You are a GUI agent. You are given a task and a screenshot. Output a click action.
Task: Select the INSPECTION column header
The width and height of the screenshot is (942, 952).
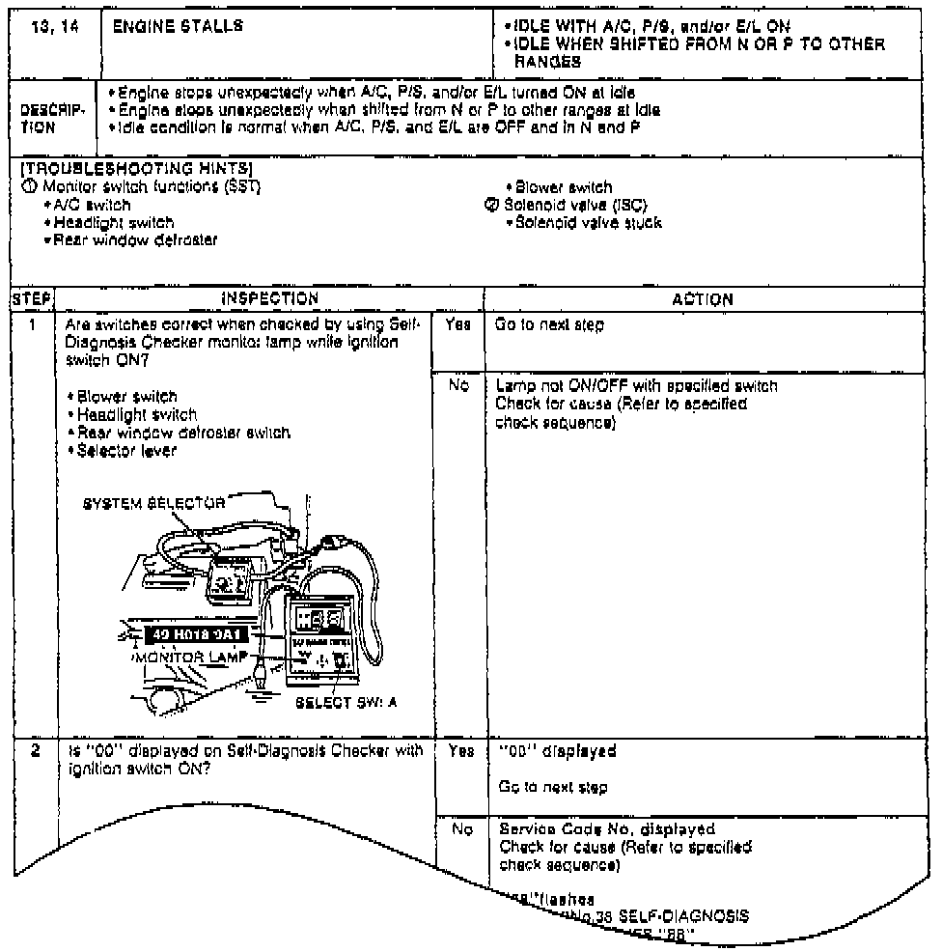click(270, 299)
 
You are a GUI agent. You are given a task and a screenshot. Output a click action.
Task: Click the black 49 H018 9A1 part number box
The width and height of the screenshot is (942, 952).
click(197, 634)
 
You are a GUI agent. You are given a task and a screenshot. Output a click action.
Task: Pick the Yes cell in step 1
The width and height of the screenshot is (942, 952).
click(458, 326)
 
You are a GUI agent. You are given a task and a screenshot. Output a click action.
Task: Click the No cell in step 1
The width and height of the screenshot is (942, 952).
click(458, 386)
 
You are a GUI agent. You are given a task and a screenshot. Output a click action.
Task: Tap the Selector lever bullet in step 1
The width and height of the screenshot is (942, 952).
click(128, 450)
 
